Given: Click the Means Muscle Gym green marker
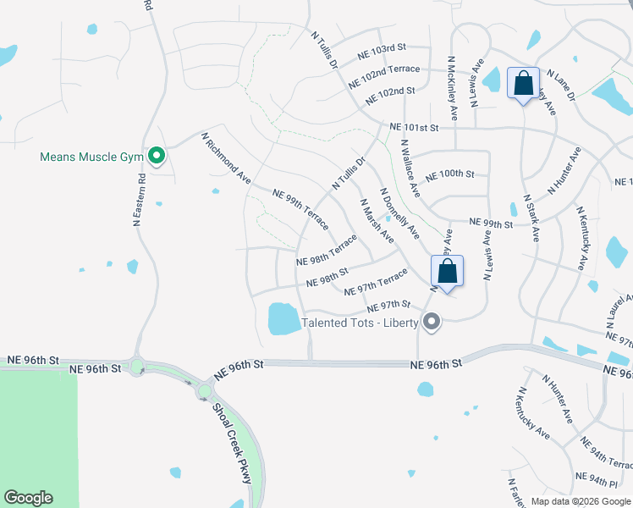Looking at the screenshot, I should (x=157, y=155).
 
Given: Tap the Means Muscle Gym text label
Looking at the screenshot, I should (x=92, y=157).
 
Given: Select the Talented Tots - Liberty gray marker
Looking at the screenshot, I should (x=432, y=322).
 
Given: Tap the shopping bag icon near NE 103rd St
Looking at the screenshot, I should (x=522, y=84).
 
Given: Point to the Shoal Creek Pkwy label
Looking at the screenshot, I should (x=234, y=451).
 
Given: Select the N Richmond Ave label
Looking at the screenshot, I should (x=227, y=158).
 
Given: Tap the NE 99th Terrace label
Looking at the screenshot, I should (x=300, y=211).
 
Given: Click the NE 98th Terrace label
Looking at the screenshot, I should (x=327, y=250).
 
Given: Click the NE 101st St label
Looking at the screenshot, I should (x=415, y=128).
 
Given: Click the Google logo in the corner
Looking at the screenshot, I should (x=28, y=498).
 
